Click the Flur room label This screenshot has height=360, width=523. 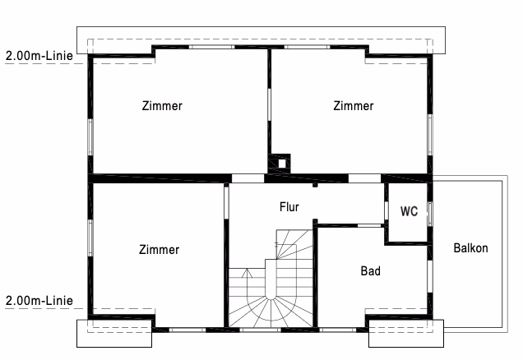(289, 207)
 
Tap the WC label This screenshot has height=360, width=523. (409, 211)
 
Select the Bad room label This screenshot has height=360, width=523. (371, 271)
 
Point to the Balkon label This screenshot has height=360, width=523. (470, 248)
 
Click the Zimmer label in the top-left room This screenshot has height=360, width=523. (162, 106)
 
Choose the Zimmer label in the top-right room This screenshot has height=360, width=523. (354, 106)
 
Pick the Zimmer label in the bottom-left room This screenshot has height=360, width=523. (159, 250)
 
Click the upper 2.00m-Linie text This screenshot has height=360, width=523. (39, 56)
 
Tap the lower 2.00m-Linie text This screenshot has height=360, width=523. (39, 301)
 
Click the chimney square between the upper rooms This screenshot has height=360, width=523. (282, 164)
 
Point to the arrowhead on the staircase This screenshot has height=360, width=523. (247, 272)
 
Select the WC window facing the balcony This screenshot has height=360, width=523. (430, 214)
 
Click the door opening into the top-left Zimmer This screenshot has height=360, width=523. (248, 178)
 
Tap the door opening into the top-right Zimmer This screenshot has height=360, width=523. (364, 178)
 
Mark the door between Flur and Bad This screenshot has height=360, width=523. (369, 226)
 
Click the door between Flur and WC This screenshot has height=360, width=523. (386, 210)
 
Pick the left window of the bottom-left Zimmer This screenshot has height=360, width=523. (90, 238)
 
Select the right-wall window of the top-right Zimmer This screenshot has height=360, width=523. (430, 135)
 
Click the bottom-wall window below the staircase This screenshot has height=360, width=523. (260, 330)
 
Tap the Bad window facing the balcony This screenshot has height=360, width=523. (430, 277)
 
